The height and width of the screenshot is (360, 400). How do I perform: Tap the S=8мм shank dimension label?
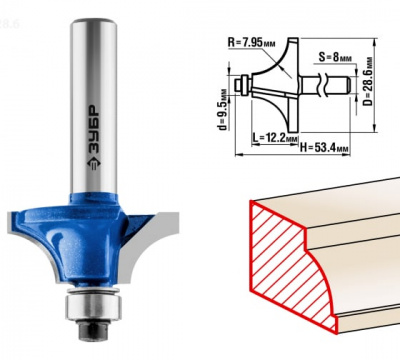point(335,57)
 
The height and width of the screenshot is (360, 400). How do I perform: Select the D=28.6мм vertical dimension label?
point(368,81)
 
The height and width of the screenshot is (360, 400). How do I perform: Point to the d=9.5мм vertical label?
point(223,109)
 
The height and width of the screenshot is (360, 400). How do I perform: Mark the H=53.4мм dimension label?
point(324,147)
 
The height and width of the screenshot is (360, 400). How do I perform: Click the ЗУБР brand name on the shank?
point(93,130)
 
